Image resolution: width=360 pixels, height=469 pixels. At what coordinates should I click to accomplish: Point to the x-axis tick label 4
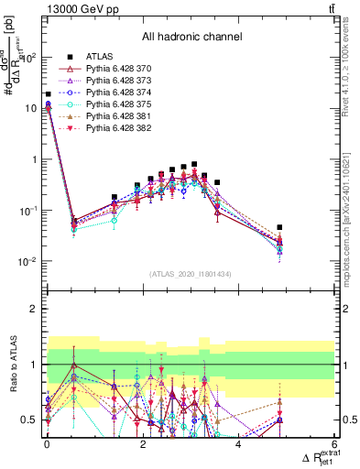(x=238, y=444)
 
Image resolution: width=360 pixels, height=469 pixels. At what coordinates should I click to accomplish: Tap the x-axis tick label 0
(x=47, y=444)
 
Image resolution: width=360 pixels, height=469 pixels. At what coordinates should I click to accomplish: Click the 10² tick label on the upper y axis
(x=27, y=57)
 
